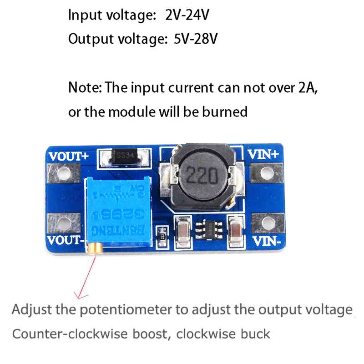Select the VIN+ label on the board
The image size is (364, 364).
click(x=263, y=154)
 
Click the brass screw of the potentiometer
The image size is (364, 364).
click(x=96, y=248)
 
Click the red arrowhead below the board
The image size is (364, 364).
click(x=81, y=296)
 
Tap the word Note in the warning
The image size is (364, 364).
click(x=84, y=87)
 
